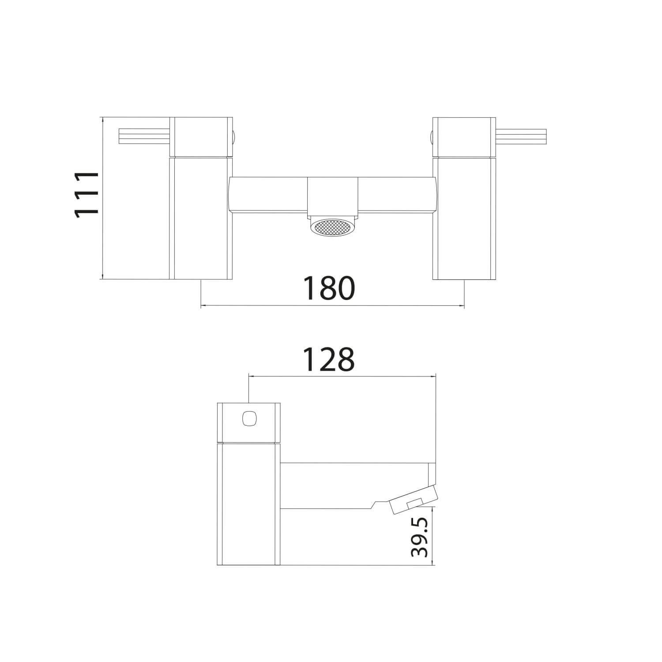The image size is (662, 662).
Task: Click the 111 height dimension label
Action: pyautogui.click(x=86, y=194)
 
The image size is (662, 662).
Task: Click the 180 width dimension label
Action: pyautogui.click(x=329, y=288)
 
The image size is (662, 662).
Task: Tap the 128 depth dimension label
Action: pyautogui.click(x=329, y=359)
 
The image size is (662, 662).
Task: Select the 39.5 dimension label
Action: pyautogui.click(x=421, y=537)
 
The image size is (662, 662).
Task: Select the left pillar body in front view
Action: pyautogui.click(x=201, y=218)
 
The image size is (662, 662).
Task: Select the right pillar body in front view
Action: pyautogui.click(x=463, y=218)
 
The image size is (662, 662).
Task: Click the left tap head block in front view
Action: pyautogui.click(x=201, y=136)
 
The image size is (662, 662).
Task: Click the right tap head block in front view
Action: pyautogui.click(x=463, y=136)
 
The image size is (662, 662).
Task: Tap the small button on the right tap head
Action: pyautogui.click(x=431, y=136)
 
